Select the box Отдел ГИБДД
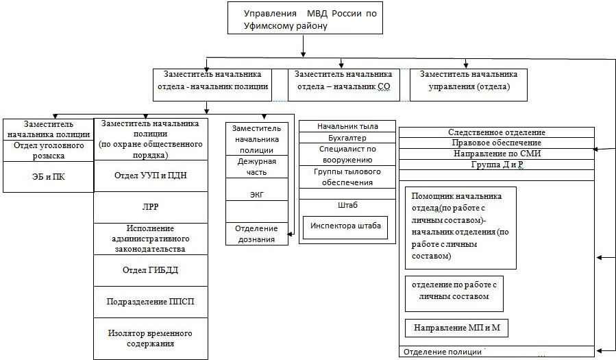tap(150, 270)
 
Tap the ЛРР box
tap(150, 207)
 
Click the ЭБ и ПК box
tap(48, 176)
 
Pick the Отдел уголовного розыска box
tap(48, 151)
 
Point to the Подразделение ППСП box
tap(150, 302)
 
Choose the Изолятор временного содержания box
tap(150, 339)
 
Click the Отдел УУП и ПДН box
tap(150, 176)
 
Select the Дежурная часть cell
tap(257, 167)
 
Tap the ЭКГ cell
tap(257, 195)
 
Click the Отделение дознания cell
tap(257, 234)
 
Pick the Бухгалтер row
tap(347, 137)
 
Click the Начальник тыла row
tap(347, 126)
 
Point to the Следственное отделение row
tap(497, 132)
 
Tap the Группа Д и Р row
tap(497, 165)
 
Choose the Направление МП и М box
tap(456, 328)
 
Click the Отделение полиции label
tap(443, 352)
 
